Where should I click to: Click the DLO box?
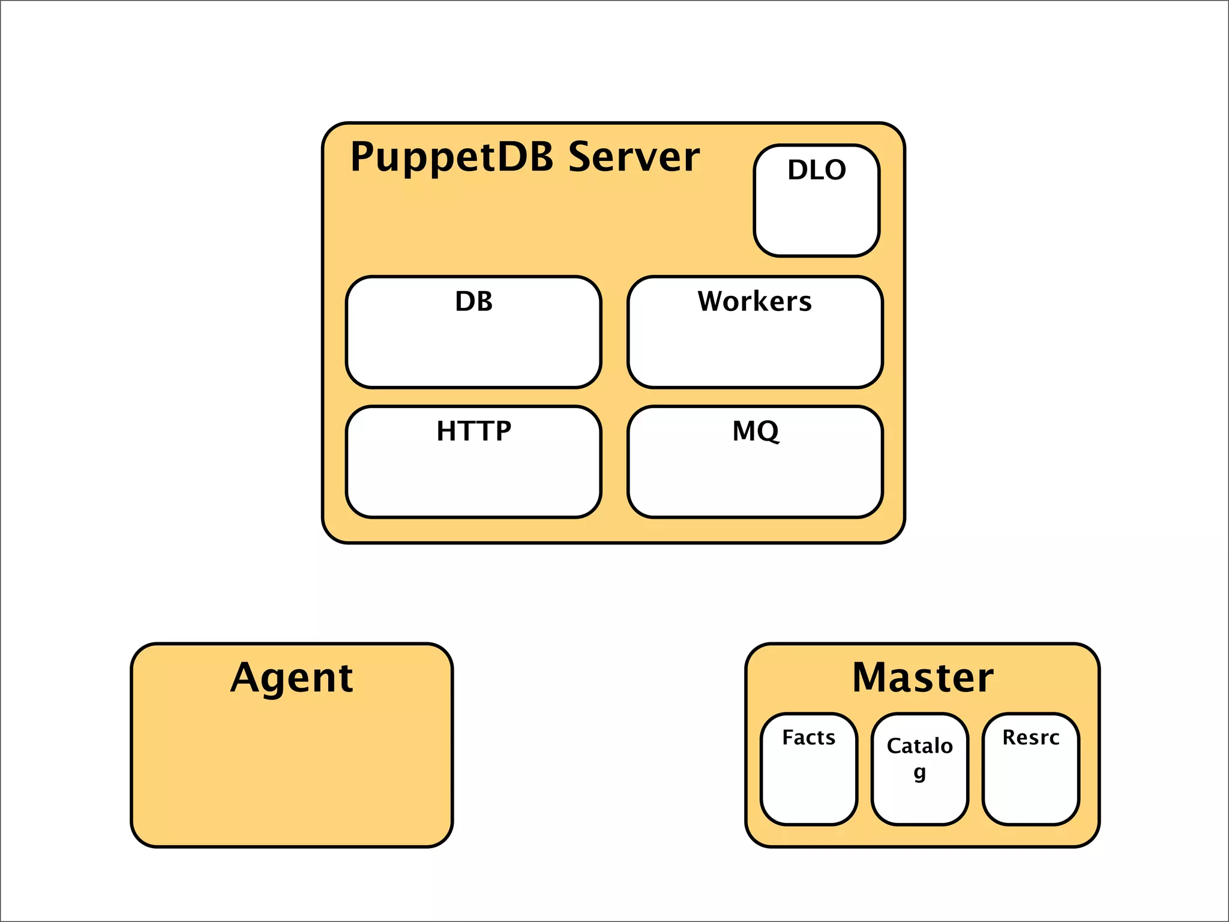pos(816,210)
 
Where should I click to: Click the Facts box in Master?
pos(808,780)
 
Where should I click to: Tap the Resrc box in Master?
pos(1030,780)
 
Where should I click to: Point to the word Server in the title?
pos(634,157)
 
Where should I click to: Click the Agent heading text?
pos(292,678)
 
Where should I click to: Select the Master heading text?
pos(922,678)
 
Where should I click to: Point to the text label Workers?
pos(754,301)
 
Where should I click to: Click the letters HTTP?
pos(473,431)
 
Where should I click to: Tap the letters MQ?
pos(756,431)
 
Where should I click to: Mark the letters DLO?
pos(817,170)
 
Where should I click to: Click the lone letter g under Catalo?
pos(919,772)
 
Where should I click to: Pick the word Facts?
pos(808,737)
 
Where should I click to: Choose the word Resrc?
pos(1030,737)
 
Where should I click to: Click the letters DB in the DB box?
pos(473,301)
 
